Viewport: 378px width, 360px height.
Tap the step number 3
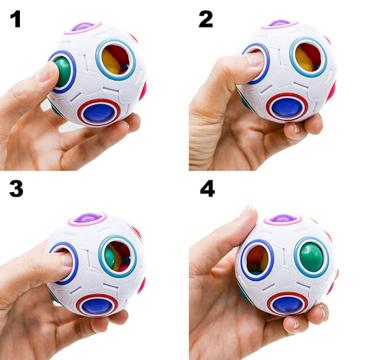pos(15,188)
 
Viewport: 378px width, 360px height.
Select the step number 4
pos(207,189)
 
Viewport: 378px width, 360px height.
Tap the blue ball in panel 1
pos(98,112)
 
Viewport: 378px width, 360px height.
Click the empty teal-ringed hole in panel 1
pos(116,59)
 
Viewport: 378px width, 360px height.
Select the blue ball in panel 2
pos(288,106)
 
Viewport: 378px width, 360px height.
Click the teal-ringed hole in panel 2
pos(308,58)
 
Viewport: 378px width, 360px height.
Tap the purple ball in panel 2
pos(280,23)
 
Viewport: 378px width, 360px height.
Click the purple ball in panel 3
pos(87,219)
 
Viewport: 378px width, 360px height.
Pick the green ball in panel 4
pos(311,257)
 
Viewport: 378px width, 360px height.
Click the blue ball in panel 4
pos(287,303)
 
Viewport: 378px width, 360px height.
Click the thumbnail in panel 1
pos(47,71)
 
